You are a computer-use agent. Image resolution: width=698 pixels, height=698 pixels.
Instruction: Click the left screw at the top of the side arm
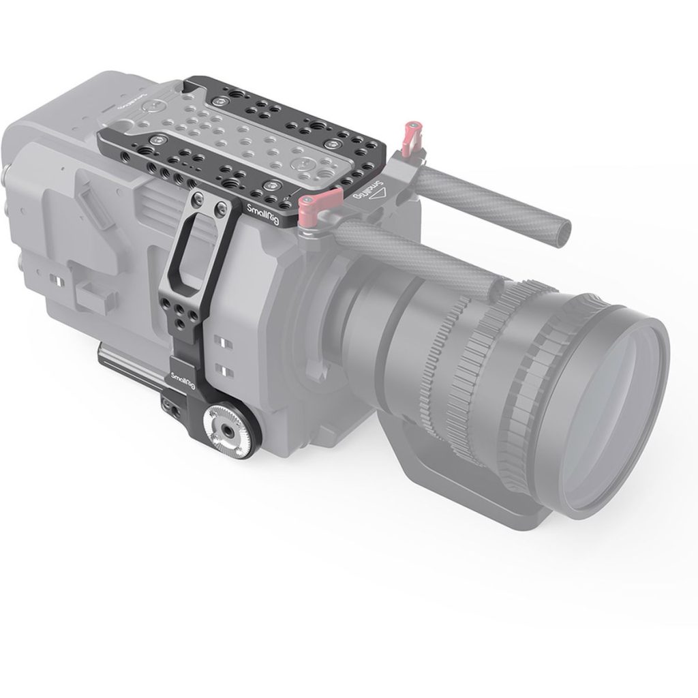tap(197, 198)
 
